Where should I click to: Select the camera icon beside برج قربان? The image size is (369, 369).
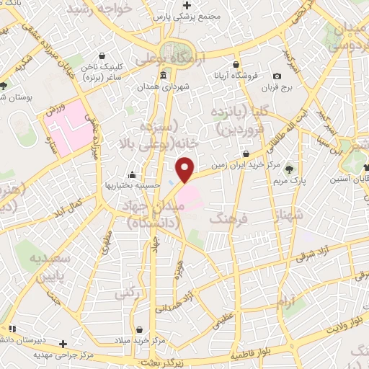(277, 76)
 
